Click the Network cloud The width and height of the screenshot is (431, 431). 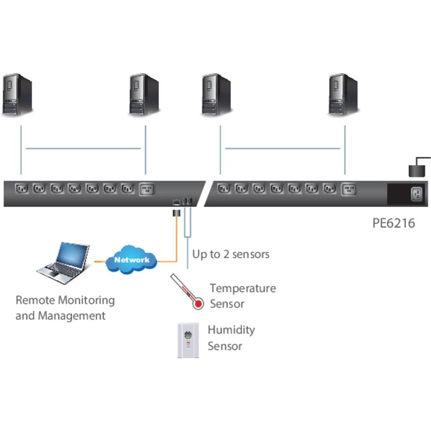coord(131,260)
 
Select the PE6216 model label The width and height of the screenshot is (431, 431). coord(394,223)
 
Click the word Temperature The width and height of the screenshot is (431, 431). coord(243,288)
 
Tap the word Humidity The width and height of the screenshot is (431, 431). coord(231,330)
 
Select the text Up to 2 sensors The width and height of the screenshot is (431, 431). coord(231,254)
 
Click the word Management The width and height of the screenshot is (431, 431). coord(72,315)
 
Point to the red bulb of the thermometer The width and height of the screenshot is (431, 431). coord(198,304)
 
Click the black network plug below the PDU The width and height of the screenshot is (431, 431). coord(176,213)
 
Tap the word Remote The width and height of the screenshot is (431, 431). coord(35,300)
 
